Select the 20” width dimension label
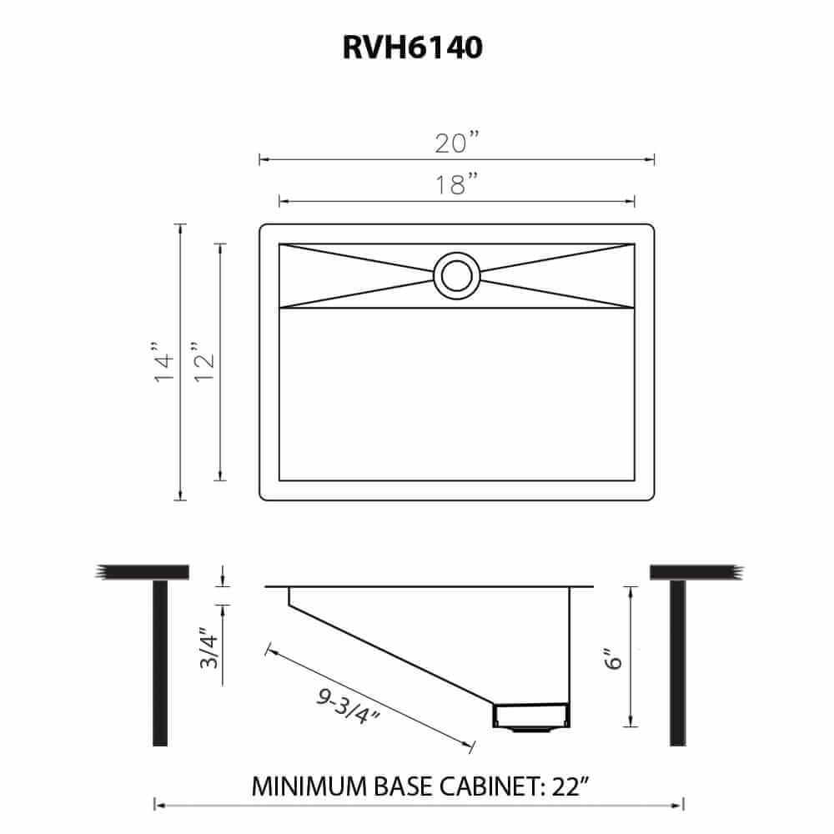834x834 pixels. pos(455,143)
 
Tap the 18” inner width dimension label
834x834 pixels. pos(455,184)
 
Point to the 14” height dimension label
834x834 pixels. pos(164,362)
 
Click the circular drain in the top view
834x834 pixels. pos(455,275)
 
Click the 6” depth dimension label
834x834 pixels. pos(615,659)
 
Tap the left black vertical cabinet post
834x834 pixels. pos(160,662)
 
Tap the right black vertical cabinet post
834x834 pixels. pos(677,662)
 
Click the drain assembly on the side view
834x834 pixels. pos(530,715)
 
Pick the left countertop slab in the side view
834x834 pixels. pos(143,571)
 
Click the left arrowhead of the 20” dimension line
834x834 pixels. pos(261,159)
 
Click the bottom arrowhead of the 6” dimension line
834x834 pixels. pos(632,722)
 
